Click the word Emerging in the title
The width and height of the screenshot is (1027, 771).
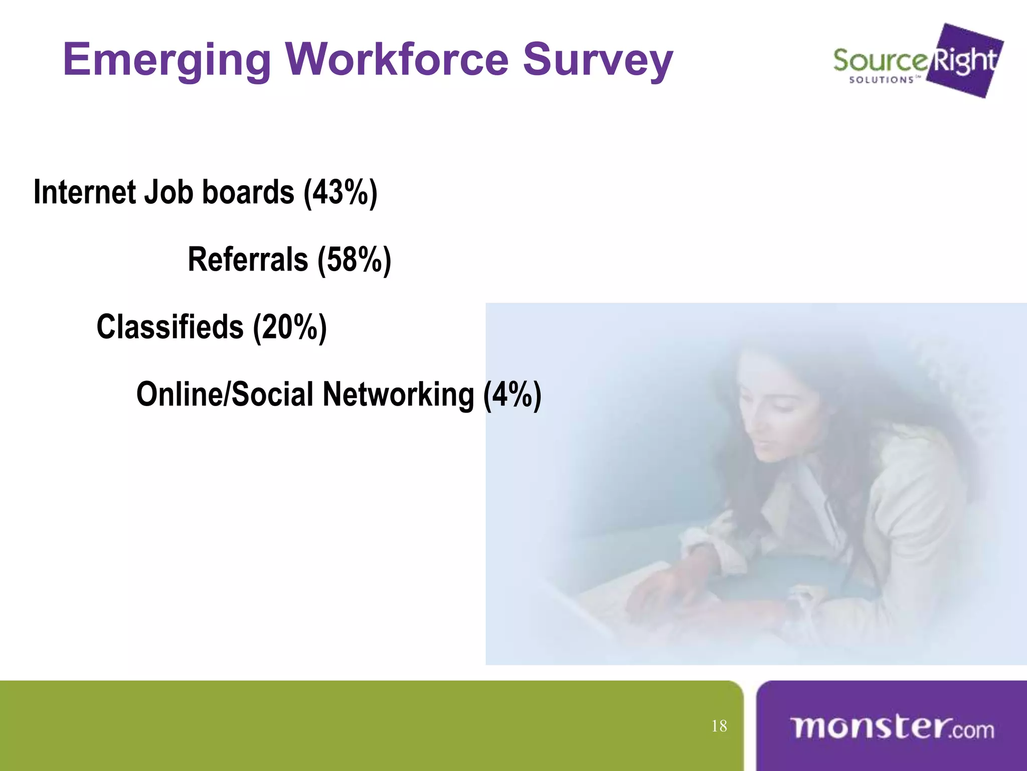167,60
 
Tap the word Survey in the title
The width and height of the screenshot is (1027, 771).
598,60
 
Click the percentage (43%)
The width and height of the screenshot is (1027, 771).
340,193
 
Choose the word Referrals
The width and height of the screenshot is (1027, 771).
248,260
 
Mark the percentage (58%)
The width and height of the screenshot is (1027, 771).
354,261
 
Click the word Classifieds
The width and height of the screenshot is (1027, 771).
170,327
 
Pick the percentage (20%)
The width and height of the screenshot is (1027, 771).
290,328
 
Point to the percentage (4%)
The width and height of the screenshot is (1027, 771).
512,395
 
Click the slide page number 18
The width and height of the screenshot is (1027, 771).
719,726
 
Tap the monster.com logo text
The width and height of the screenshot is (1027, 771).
892,728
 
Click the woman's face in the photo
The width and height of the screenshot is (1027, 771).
775,422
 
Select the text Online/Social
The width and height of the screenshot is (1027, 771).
225,395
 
